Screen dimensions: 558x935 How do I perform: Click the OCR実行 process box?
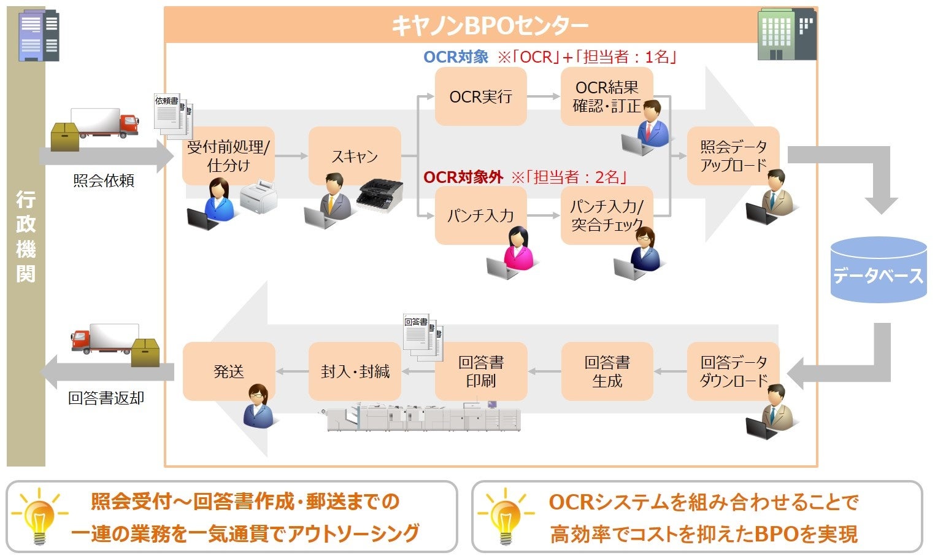(x=480, y=96)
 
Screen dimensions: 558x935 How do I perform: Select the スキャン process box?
(x=355, y=156)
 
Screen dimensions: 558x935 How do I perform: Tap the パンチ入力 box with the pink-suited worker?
(x=480, y=215)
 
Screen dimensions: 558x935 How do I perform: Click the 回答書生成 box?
(x=607, y=371)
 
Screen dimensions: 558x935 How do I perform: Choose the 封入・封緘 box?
(x=355, y=371)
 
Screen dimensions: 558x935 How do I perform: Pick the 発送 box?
(x=229, y=371)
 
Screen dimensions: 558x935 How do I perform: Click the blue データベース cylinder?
(x=878, y=270)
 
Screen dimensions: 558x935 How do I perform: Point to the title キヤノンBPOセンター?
(x=490, y=26)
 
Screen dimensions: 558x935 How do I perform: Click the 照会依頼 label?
(x=103, y=180)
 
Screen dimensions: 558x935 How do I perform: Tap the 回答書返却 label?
(x=106, y=398)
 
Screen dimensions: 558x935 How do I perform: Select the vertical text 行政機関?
(x=26, y=236)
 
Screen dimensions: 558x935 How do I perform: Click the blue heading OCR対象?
(x=456, y=57)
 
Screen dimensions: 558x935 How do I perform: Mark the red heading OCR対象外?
(x=463, y=177)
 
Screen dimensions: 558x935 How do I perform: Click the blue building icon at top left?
(x=39, y=36)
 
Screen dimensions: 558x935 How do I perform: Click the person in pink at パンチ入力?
(x=518, y=249)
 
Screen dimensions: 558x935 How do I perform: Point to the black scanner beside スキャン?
(x=379, y=195)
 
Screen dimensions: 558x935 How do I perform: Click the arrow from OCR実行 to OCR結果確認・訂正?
(x=543, y=96)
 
